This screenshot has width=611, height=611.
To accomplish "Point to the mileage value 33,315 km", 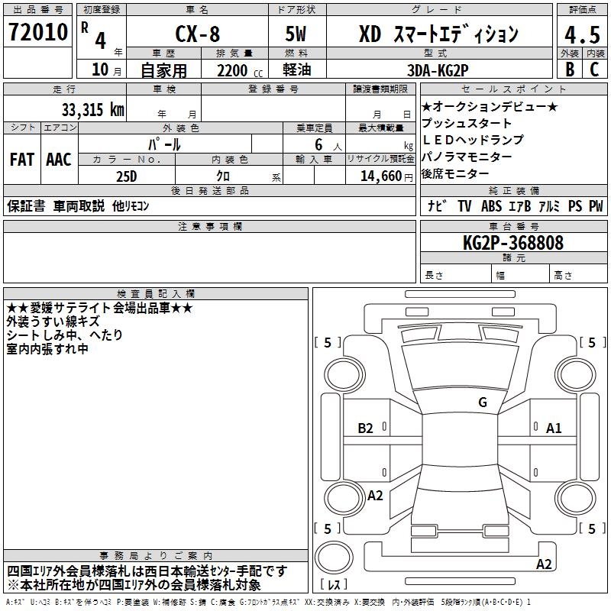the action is (x=93, y=109).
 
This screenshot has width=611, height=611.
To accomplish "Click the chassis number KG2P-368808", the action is (x=513, y=243).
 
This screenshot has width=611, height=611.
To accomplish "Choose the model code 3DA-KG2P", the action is (x=438, y=68).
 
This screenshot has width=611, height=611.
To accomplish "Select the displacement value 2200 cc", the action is (x=234, y=69).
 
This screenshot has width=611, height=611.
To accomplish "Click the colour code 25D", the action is (x=125, y=175).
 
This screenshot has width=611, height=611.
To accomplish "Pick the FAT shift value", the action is (x=22, y=160).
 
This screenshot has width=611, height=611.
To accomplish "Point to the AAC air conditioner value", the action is (x=59, y=160).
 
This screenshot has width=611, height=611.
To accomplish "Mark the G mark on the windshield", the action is (x=482, y=402).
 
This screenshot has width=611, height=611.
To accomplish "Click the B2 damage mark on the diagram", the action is (x=366, y=428).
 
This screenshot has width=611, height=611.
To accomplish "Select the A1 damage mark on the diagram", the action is (x=554, y=428).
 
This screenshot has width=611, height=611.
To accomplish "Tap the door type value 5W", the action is (x=297, y=34).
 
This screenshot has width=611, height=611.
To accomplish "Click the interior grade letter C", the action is (x=594, y=69).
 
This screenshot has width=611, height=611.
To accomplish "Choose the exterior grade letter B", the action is (x=569, y=69).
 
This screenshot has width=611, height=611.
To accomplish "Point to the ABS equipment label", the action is (x=491, y=206).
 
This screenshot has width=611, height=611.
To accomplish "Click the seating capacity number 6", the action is (x=317, y=144).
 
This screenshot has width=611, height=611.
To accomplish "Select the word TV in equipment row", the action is (x=464, y=206).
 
